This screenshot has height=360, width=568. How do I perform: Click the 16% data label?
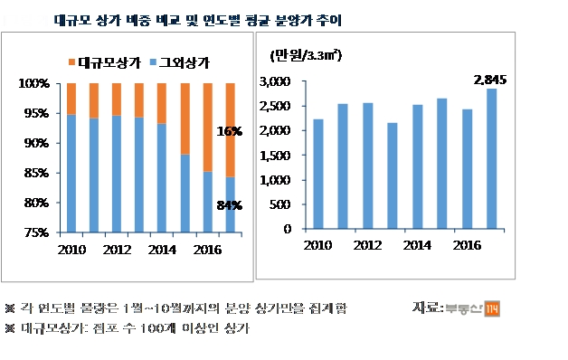(x=230, y=131)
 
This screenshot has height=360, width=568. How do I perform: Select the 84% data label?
(x=230, y=206)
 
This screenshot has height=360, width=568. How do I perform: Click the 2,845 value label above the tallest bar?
(x=489, y=81)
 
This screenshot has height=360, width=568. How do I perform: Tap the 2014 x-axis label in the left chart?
(x=161, y=249)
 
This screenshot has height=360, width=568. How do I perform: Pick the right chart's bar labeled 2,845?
(x=490, y=158)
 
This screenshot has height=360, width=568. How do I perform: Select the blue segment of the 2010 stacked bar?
(x=71, y=172)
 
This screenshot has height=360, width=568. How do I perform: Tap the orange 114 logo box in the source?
(x=493, y=308)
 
